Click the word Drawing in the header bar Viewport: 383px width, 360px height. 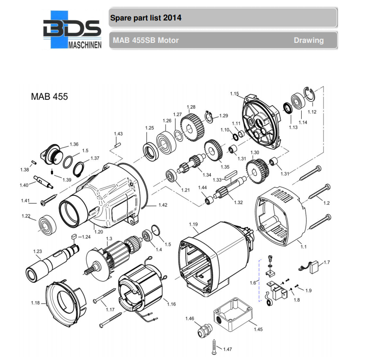click(308, 40)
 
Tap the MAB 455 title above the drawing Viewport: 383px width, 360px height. click(49, 96)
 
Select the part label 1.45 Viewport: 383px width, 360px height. click(258, 329)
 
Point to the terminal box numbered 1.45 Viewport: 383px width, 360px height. click(233, 313)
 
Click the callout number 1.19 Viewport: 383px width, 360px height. click(193, 225)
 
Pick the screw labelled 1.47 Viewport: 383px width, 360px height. click(214, 346)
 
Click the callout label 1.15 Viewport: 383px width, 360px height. click(234, 94)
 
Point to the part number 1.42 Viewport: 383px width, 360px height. click(162, 205)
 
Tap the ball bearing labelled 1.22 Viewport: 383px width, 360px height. click(48, 225)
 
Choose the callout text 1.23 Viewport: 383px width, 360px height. click(37, 251)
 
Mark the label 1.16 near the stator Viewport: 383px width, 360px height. click(171, 304)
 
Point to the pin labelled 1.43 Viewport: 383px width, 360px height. click(117, 143)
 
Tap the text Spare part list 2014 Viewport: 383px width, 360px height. click(146, 18)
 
